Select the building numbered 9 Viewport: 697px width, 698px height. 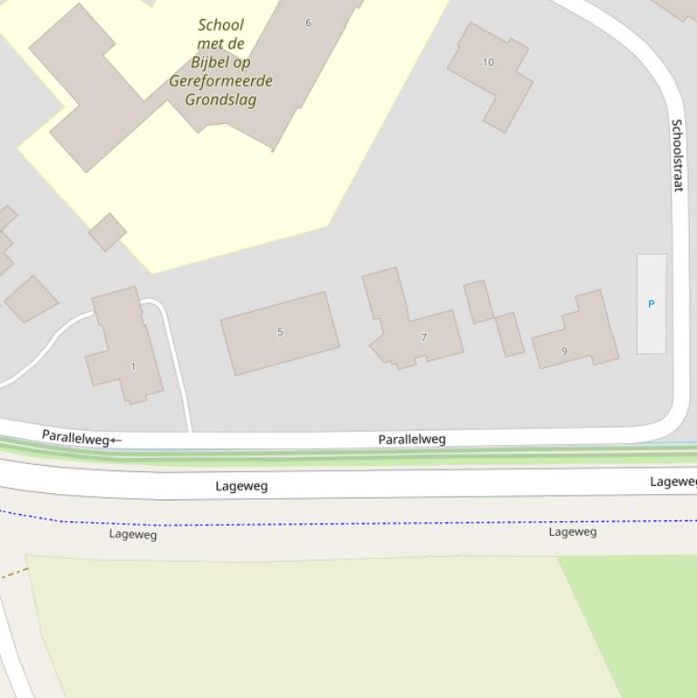coord(580,335)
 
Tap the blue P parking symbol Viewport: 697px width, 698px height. coord(651,304)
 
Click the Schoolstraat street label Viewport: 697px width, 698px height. coord(677,155)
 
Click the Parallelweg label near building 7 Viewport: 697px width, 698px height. coord(411,440)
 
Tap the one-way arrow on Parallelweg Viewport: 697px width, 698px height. coord(115,441)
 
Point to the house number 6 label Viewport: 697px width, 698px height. coord(308,23)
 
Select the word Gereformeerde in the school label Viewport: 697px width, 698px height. coord(220,81)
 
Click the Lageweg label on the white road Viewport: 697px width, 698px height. coord(242,486)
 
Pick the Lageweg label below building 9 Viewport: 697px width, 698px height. coord(573,532)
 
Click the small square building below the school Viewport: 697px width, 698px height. coord(107,232)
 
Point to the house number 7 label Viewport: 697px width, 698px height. coord(423,337)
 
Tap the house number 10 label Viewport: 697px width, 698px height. coord(489,62)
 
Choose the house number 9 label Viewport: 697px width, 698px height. coord(564,351)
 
